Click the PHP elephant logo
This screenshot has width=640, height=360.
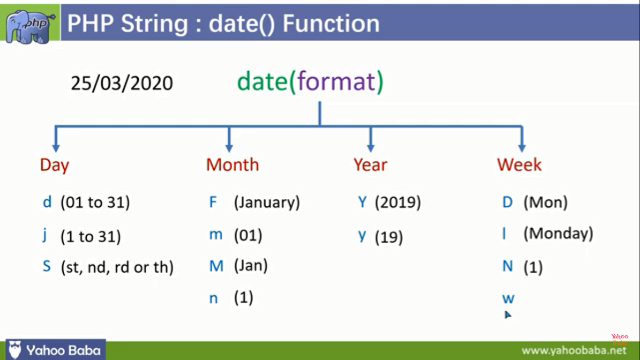click(x=30, y=26)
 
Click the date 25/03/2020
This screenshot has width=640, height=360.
click(x=122, y=83)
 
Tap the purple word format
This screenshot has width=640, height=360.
click(x=336, y=82)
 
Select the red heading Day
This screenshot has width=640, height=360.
click(x=54, y=165)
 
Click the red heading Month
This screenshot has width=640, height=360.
click(x=232, y=165)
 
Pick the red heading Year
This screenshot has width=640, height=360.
click(x=370, y=165)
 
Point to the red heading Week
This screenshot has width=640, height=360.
click(x=519, y=165)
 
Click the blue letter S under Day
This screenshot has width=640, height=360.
click(x=47, y=266)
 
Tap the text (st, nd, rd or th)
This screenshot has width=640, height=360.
click(x=118, y=267)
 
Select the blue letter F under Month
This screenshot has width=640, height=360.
click(x=213, y=202)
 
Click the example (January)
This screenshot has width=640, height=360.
click(x=267, y=202)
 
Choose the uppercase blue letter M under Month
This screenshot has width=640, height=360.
click(x=216, y=266)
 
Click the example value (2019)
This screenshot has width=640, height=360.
click(x=398, y=202)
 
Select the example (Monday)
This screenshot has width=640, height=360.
click(x=558, y=233)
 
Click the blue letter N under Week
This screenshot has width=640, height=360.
click(x=508, y=266)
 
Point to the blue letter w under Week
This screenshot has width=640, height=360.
click(x=508, y=299)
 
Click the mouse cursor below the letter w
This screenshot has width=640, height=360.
click(x=507, y=315)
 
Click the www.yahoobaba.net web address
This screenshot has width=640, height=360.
click(x=574, y=351)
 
